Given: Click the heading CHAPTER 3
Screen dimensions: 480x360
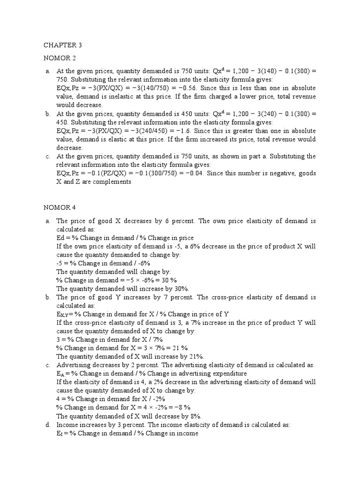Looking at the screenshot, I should pos(63,45).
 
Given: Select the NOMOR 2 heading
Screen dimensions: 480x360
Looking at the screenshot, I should pos(60,58).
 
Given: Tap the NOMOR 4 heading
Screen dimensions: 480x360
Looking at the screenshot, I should pos(60,208).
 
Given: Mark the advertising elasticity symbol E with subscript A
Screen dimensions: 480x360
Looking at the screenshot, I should pos(61,374).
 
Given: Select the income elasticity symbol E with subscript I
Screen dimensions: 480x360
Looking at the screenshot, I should pos(61,434).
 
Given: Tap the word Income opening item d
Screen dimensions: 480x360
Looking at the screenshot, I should pos(67,425).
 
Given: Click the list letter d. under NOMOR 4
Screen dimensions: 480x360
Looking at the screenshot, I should pos(47,425).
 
